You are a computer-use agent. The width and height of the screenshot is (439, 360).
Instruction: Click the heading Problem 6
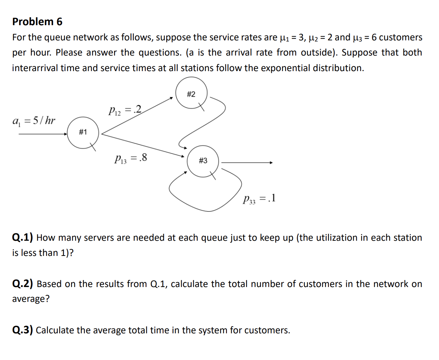point(37,22)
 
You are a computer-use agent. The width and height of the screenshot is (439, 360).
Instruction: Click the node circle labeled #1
point(83,132)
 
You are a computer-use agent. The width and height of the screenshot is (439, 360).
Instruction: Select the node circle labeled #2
point(191,94)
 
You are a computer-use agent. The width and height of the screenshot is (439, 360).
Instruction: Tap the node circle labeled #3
point(203,161)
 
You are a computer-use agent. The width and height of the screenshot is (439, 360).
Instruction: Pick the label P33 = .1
point(258,199)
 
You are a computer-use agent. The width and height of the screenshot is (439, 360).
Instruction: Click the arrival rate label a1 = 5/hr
point(34,121)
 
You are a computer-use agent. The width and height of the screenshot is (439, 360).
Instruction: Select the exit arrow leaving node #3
point(247,162)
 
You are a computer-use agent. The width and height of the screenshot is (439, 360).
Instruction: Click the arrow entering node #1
point(43,133)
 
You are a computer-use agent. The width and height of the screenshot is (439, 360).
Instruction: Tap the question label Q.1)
point(23,238)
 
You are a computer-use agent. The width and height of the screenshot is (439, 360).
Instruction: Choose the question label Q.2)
point(23,284)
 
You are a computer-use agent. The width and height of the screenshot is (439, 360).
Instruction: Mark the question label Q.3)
point(23,330)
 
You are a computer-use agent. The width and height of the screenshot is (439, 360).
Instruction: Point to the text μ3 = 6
point(364,37)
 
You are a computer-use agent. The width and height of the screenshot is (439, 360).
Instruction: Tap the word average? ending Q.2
point(31,299)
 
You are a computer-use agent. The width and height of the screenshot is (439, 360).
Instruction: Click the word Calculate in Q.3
point(55,330)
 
